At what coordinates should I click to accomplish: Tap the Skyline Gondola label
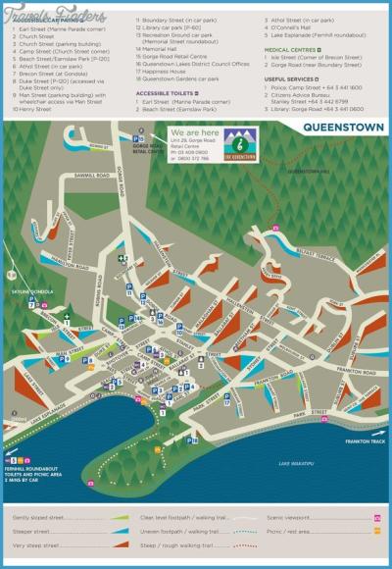(26, 292)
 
